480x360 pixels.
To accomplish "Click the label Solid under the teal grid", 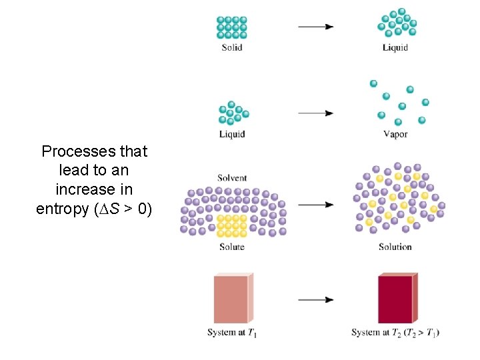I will point(232,47).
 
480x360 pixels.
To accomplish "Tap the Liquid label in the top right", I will point(395,47).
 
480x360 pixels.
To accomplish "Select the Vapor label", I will point(395,134).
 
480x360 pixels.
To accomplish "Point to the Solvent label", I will point(232,178).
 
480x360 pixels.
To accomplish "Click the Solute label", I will point(232,247).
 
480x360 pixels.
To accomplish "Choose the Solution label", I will point(395,247).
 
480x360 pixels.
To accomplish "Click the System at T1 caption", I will point(232,333).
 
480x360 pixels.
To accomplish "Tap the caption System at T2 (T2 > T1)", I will point(395,333).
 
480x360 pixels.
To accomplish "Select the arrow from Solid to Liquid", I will point(315,27).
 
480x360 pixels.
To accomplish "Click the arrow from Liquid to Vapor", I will point(315,113).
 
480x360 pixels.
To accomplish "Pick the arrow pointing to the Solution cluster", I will point(315,205).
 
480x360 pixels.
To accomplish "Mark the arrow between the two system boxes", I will point(315,300).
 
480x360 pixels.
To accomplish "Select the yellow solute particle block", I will point(233,225).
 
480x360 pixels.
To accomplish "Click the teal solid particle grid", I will point(232,27).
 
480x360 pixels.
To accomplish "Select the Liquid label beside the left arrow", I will point(232,134).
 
